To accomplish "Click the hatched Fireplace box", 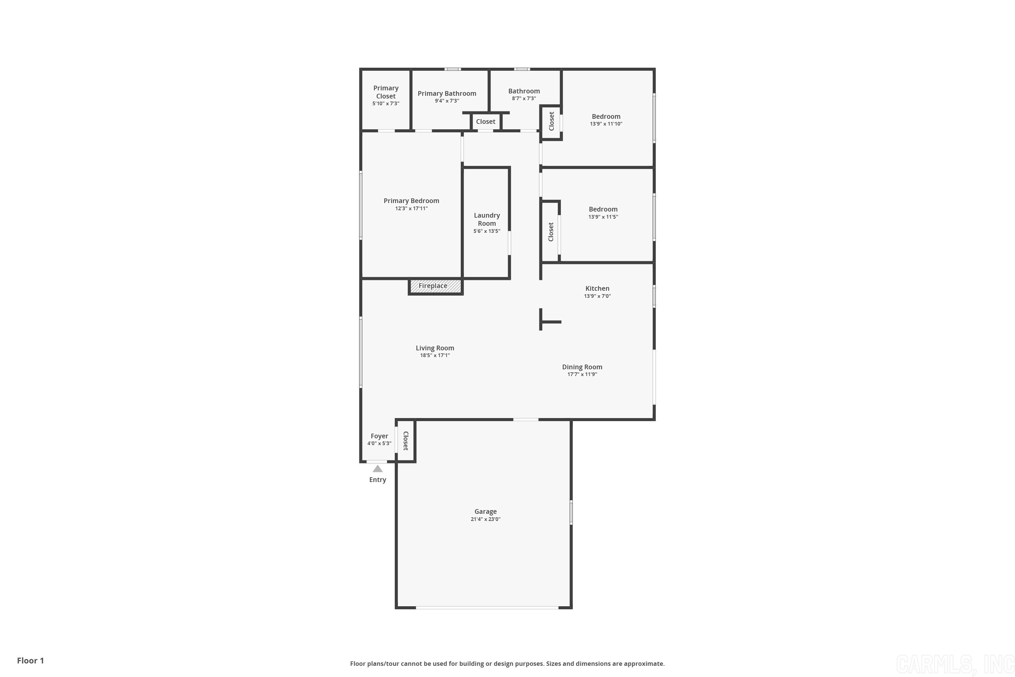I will point(435,286).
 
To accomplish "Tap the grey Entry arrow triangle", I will point(378,469).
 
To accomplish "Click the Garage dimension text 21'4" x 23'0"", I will point(486,519).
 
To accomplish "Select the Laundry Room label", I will point(487,219).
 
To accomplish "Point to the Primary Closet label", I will point(386,92).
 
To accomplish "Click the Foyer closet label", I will point(406,441).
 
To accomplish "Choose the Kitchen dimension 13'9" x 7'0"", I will point(597,296).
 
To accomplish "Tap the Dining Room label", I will point(582,367).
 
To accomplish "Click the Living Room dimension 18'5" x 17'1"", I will point(435,355).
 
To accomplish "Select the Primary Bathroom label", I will point(447,93).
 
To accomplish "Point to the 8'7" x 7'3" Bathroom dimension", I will point(524,99).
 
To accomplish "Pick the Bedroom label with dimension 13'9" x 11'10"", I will point(606,116).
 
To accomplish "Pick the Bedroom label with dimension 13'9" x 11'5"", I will point(603,210).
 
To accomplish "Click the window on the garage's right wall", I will point(571,512).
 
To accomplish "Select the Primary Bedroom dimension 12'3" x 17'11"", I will point(411,209).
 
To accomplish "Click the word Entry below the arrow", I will point(378,480).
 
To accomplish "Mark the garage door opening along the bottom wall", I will point(487,608).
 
